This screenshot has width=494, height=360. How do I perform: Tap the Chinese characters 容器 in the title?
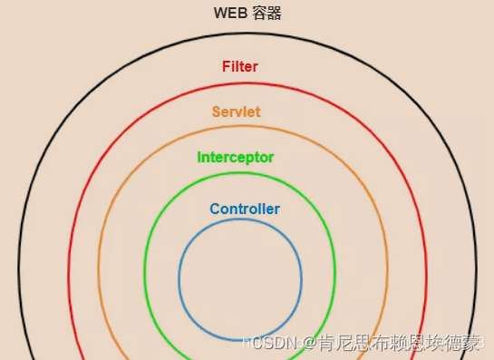(267, 14)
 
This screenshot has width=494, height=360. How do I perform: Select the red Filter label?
(240, 67)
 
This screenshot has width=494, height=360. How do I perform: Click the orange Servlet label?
(237, 112)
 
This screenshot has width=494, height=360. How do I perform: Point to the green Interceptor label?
(236, 158)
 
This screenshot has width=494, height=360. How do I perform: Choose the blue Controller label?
(245, 209)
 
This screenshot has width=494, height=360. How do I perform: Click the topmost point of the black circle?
(247, 34)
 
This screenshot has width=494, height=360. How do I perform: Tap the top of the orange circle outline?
(243, 127)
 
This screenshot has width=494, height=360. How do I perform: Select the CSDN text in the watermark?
(270, 343)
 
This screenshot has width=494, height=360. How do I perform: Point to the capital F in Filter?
(226, 67)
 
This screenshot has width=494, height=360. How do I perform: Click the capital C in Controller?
(215, 209)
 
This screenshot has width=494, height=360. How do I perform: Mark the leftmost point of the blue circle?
(179, 279)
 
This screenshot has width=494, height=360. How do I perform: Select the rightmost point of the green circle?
(335, 272)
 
